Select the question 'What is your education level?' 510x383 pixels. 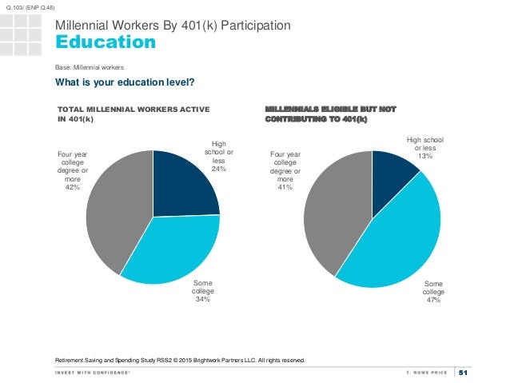click(x=125, y=82)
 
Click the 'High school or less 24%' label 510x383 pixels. click(x=217, y=157)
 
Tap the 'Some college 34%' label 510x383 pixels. click(x=202, y=292)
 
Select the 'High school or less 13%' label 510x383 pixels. click(x=424, y=147)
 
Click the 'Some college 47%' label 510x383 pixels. click(x=433, y=292)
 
